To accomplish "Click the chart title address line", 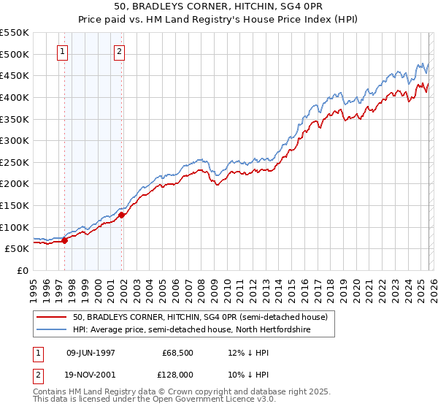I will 219,7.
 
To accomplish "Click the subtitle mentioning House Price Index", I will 219,19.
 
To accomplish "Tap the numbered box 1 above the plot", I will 63,51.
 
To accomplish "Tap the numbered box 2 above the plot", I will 119,51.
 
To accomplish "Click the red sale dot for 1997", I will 65,240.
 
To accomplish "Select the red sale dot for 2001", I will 122,215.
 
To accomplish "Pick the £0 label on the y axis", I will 22,270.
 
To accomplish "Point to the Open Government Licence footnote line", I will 155,400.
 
